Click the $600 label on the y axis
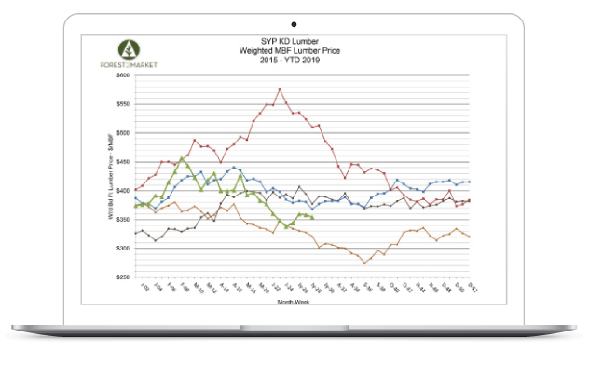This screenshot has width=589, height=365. (122, 74)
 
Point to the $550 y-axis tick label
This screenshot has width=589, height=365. (122, 103)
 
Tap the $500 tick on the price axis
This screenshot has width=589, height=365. (122, 132)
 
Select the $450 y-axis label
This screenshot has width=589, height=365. (122, 161)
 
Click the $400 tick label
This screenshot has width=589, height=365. (122, 190)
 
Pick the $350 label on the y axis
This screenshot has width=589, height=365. (122, 219)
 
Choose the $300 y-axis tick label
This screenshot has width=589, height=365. (122, 248)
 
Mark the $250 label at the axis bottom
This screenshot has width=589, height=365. (122, 277)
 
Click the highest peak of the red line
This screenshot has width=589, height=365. (280, 89)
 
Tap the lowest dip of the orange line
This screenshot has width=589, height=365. (364, 264)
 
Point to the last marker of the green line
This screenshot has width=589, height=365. (311, 217)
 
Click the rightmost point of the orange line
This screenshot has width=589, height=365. (469, 237)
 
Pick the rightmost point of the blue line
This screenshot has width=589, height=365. (469, 182)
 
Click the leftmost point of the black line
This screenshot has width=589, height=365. (136, 233)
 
